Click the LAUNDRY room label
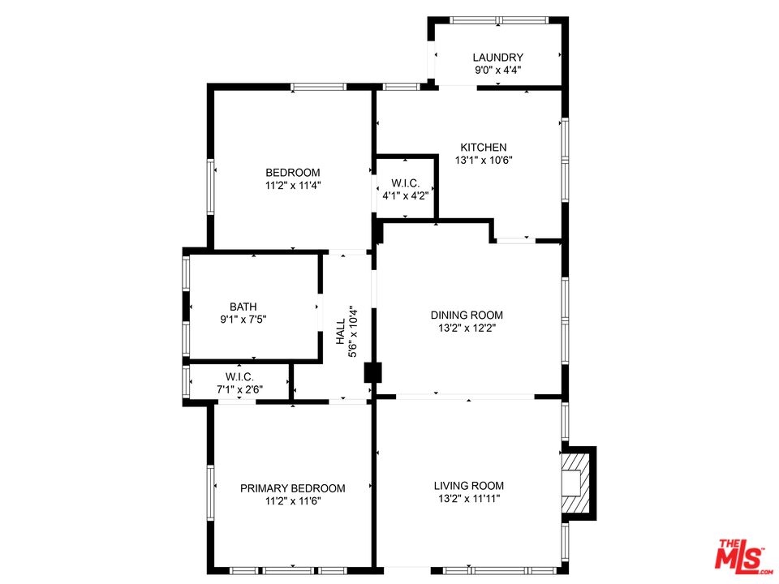[x=497, y=58]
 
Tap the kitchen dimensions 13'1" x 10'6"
[x=484, y=161]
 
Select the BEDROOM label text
[x=293, y=173]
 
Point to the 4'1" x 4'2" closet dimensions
[x=406, y=195]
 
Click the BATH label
[x=243, y=307]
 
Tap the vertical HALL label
[x=340, y=331]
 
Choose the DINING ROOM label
[x=467, y=315]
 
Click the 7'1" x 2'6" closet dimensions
[x=239, y=389]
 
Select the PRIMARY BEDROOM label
[x=293, y=488]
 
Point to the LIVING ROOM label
[x=468, y=486]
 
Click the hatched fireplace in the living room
[x=576, y=483]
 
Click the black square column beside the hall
[x=372, y=372]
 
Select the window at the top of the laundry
[x=499, y=20]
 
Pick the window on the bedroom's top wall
[x=318, y=87]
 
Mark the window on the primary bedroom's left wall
[x=211, y=492]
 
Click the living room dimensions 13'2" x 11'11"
[x=468, y=499]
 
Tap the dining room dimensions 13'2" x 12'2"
[x=467, y=328]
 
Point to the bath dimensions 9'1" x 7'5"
[x=243, y=320]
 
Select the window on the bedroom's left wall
[x=211, y=187]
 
